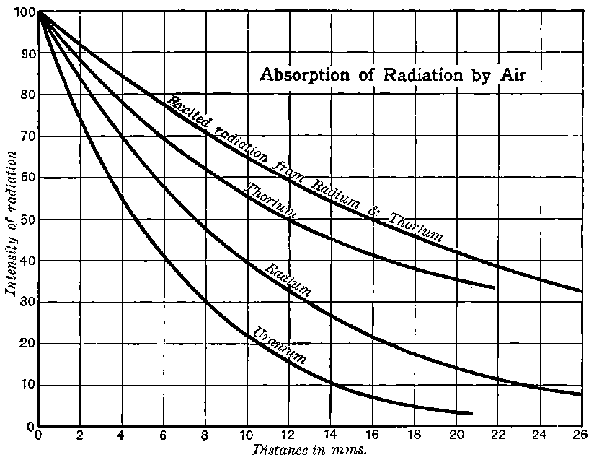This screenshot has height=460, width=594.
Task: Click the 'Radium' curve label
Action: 288,281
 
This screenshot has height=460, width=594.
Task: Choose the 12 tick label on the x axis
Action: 288,436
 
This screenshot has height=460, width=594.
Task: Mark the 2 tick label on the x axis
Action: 79,436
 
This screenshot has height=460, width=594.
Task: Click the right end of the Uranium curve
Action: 471,413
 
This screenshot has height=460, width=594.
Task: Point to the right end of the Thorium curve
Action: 494,287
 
